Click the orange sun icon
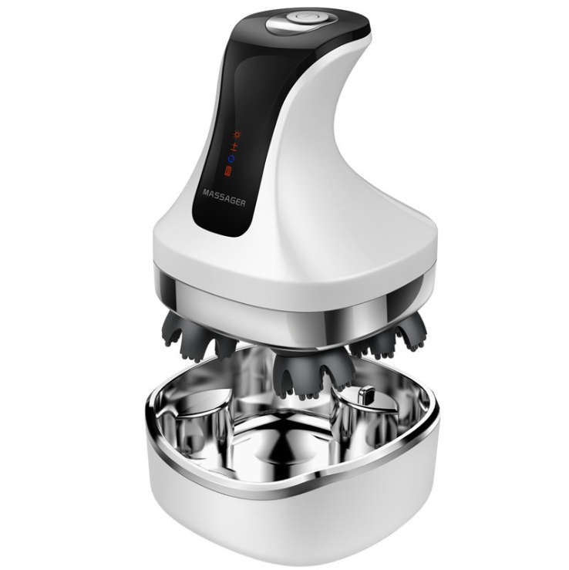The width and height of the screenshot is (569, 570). point(237,135)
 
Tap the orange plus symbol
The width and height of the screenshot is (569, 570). point(235,145)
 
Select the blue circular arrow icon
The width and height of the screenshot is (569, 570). point(231,159)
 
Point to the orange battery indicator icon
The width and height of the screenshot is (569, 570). point(227,171)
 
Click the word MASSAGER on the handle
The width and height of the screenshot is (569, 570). point(224,197)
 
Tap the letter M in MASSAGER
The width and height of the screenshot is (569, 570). point(206,192)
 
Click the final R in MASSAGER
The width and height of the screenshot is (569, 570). point(242,203)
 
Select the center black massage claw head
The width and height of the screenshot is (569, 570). point(313,372)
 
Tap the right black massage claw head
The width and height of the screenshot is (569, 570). point(392,336)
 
